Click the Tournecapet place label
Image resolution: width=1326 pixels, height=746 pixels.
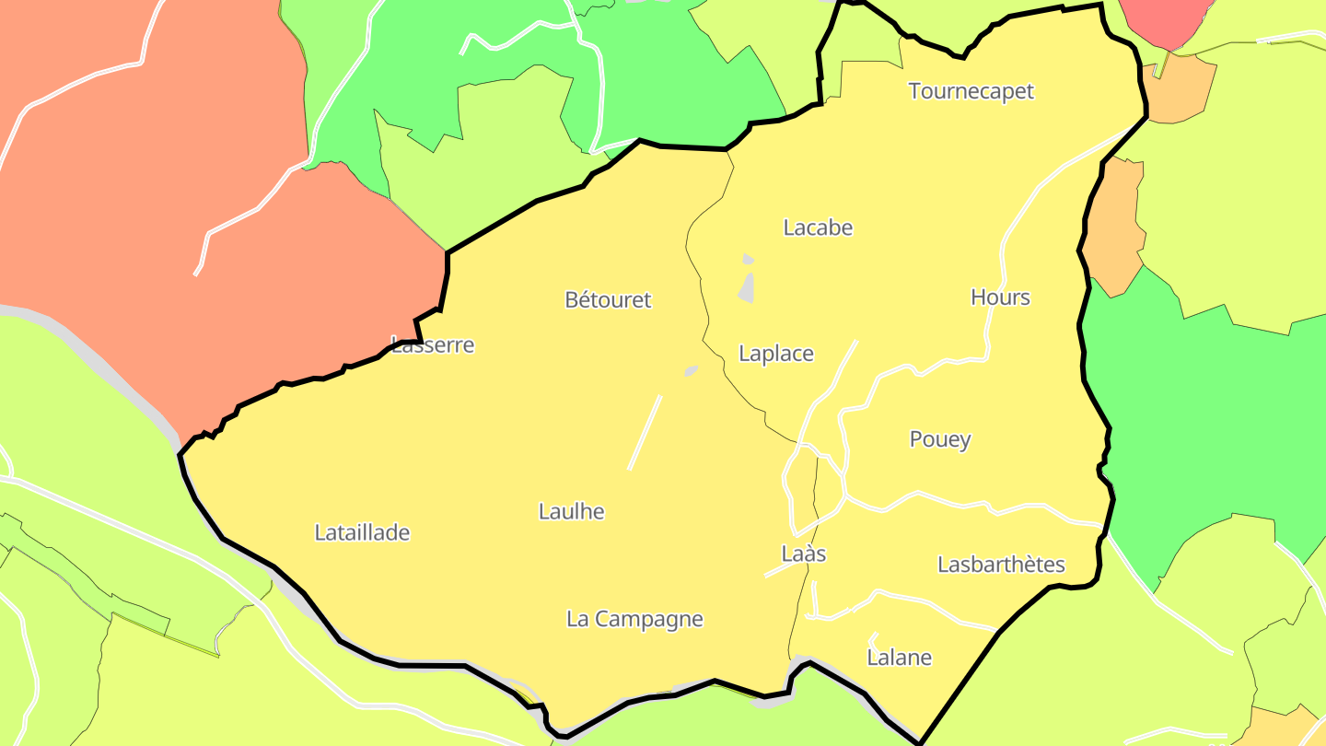(971, 91)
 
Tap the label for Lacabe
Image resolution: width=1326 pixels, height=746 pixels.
(818, 227)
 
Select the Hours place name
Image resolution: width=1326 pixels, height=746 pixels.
(1000, 297)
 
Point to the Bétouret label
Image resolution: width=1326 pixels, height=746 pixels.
(608, 299)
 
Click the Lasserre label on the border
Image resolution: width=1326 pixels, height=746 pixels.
(433, 345)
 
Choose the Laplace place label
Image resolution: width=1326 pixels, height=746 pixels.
(776, 354)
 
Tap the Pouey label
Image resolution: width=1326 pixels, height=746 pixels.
(940, 439)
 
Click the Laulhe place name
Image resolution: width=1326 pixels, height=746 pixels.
(571, 511)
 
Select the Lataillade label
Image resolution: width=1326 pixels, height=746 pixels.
(362, 532)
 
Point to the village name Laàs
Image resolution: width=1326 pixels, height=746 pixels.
(804, 554)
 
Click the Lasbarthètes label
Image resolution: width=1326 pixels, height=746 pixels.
(1001, 565)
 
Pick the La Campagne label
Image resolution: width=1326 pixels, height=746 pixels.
(634, 619)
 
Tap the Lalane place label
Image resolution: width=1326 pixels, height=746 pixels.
(899, 658)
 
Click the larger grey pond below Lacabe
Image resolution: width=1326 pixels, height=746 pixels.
(747, 288)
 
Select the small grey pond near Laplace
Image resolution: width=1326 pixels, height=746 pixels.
(691, 370)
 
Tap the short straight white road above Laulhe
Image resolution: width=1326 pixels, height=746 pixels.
(645, 433)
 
